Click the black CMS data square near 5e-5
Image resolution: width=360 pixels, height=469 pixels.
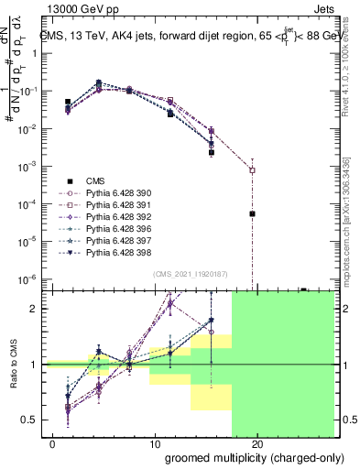(252, 213)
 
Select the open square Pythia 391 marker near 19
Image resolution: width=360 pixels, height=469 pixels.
(252, 170)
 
